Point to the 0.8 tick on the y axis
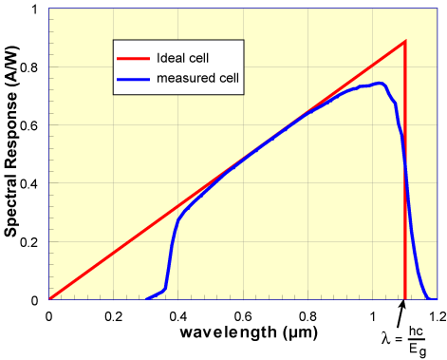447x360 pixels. coord(31,67)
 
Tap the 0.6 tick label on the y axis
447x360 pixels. coord(31,125)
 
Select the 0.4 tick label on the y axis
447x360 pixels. coord(31,183)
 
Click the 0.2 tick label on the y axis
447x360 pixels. coord(31,241)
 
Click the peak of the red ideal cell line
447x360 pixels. coord(405,42)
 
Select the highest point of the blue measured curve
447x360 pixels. coord(380,84)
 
